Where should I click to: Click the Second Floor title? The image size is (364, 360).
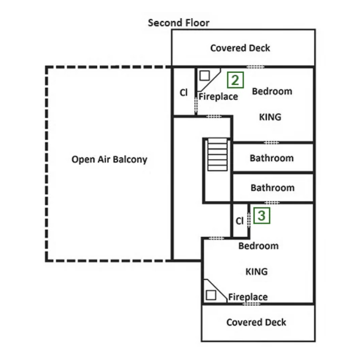(x=178, y=23)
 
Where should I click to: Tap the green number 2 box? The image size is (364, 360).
(x=235, y=81)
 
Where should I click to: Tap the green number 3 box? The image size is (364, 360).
(x=262, y=215)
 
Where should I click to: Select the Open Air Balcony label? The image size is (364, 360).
(x=109, y=160)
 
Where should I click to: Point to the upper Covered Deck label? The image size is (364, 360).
(x=240, y=48)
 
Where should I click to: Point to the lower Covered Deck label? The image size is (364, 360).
(x=256, y=322)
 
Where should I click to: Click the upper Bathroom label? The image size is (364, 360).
(x=272, y=158)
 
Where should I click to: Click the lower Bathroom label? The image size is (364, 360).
(x=272, y=188)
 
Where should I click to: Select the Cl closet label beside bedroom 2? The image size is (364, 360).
(x=184, y=92)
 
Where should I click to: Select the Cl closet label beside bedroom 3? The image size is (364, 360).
(x=239, y=221)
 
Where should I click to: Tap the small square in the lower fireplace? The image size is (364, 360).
(x=210, y=295)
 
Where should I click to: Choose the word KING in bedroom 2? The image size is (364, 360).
(x=270, y=117)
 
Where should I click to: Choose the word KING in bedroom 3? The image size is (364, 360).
(x=256, y=271)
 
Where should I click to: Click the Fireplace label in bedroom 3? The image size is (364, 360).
(x=248, y=297)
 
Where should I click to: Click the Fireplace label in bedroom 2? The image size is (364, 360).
(x=218, y=97)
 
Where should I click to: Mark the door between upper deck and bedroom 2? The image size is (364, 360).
(x=255, y=67)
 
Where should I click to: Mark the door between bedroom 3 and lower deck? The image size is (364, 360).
(x=251, y=304)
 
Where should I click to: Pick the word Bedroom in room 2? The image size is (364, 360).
(x=272, y=91)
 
